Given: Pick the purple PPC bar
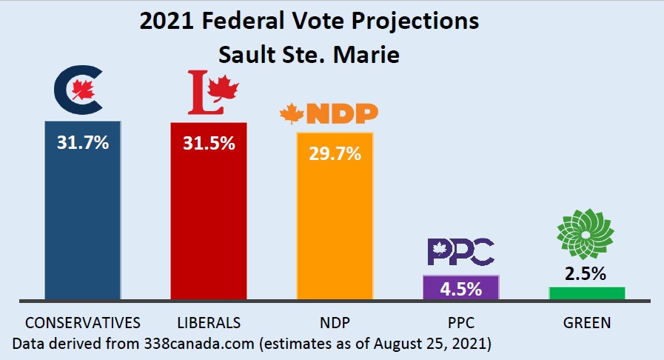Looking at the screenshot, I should [460, 287].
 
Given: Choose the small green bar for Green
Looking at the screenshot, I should [586, 293].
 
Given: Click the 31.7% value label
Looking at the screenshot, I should [83, 141].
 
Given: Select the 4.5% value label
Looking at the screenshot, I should [460, 287].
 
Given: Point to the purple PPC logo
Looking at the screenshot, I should [460, 252].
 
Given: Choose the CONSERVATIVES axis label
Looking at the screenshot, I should [83, 323].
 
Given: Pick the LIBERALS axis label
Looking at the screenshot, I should [209, 323].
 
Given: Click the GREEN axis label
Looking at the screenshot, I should [586, 323].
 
